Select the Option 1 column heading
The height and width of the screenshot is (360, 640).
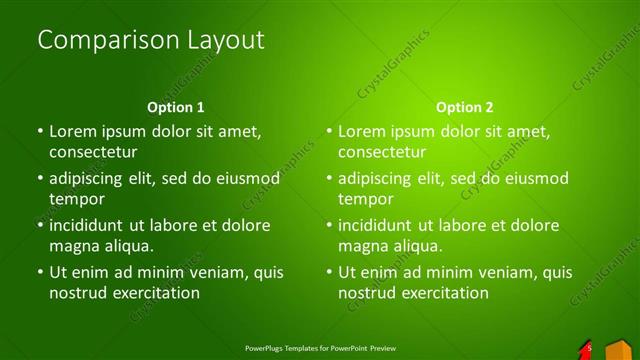176,107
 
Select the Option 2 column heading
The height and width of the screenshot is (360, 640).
465,107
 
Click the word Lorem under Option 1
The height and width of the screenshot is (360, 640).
72,131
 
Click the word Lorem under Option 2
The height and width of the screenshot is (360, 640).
361,131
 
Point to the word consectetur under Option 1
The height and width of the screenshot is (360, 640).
93,152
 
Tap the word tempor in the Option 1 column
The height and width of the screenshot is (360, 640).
75,199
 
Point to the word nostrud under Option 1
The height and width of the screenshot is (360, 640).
77,293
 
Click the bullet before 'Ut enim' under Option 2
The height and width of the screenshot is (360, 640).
329,272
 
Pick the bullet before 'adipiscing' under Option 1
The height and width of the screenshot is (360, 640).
40,179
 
